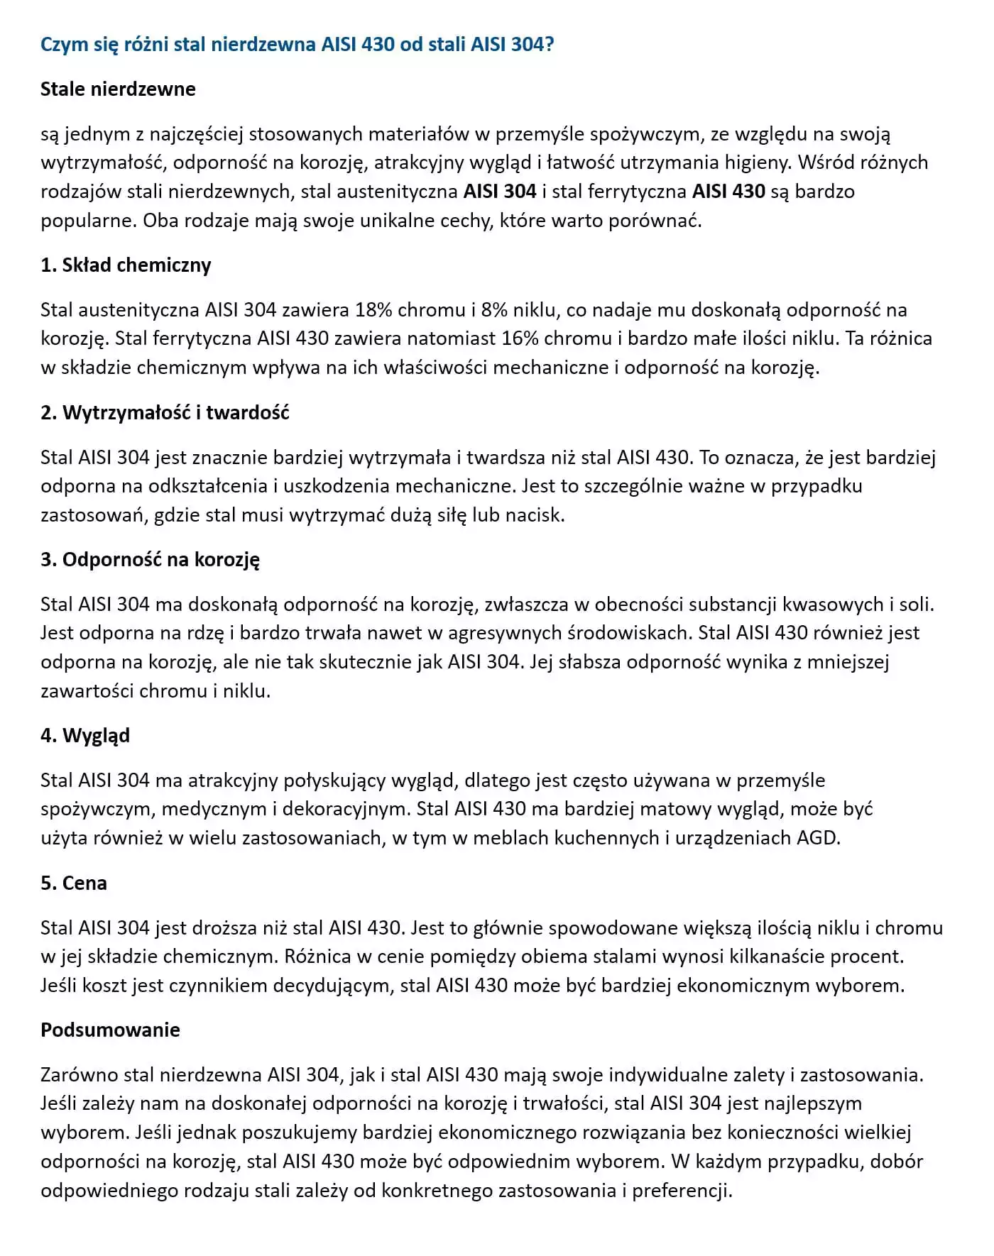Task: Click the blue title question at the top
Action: [x=297, y=45]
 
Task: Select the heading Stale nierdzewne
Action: [x=118, y=89]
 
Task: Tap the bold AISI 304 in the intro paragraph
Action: [x=500, y=192]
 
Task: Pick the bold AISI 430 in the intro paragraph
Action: [x=728, y=192]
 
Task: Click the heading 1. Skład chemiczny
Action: [x=126, y=265]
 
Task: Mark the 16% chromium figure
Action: [x=520, y=338]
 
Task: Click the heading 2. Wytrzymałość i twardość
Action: [x=165, y=413]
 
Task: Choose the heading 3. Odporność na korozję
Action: [x=150, y=560]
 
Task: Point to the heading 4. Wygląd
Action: [x=85, y=736]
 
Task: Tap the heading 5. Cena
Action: [x=74, y=883]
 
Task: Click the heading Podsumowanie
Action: [x=110, y=1030]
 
